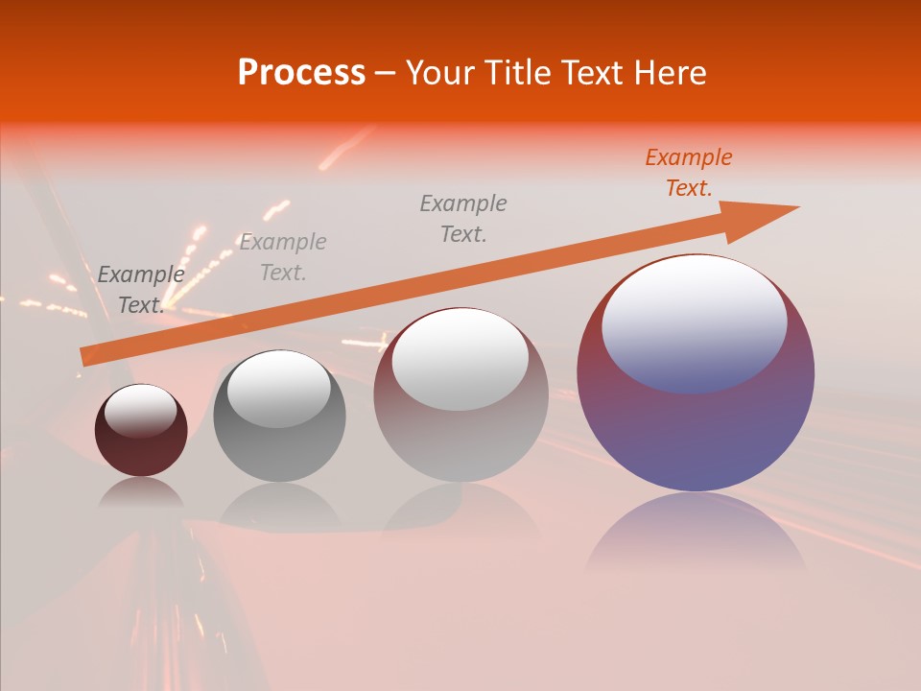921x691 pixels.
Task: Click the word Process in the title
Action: coord(301,73)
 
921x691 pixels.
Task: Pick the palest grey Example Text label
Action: coord(283,257)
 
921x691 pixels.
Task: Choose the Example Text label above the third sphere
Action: coord(463,219)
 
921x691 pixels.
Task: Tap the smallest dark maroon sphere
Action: coord(141,451)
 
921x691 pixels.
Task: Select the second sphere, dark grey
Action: coord(279,451)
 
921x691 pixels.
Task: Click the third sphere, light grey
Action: coord(460,441)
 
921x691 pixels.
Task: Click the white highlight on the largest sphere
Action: coord(695,322)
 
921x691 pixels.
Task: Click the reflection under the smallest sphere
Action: coord(141,494)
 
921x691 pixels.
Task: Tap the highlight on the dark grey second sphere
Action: coord(279,388)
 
